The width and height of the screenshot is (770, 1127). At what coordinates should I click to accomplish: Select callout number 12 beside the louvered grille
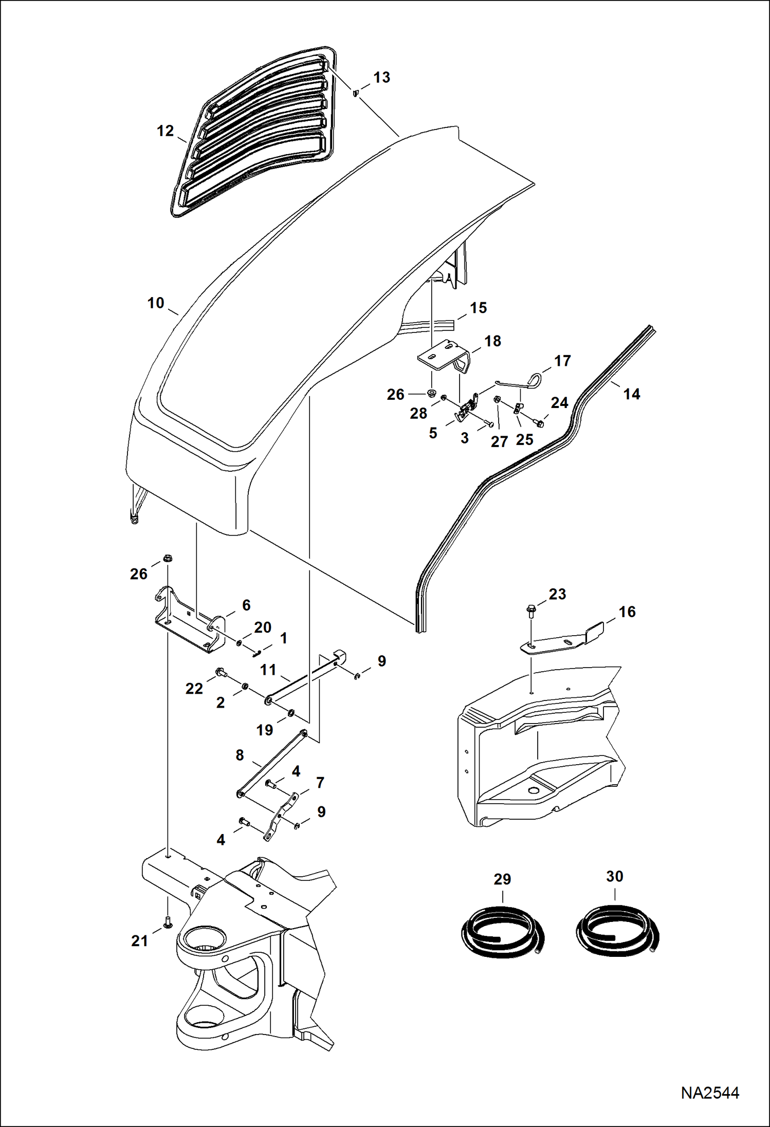click(x=165, y=131)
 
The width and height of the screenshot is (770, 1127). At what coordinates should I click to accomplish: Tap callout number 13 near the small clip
click(x=381, y=78)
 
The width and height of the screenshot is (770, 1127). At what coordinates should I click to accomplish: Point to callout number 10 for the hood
click(x=155, y=303)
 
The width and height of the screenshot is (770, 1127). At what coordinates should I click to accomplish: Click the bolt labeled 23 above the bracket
click(x=530, y=611)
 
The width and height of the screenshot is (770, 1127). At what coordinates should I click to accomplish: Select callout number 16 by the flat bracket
click(x=627, y=612)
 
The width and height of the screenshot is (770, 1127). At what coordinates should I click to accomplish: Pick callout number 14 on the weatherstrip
click(x=632, y=394)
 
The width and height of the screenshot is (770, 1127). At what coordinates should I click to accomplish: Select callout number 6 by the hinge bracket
click(x=246, y=605)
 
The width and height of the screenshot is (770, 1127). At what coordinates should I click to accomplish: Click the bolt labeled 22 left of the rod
click(x=221, y=671)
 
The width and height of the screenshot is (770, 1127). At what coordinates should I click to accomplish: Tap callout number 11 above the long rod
click(x=268, y=670)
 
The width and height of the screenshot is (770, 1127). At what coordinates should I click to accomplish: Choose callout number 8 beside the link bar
click(x=240, y=755)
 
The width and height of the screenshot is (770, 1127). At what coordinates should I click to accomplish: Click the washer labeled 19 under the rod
click(x=291, y=712)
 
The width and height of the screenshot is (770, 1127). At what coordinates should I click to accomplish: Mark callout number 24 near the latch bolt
click(x=559, y=402)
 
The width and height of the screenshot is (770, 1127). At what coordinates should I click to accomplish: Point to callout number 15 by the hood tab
click(x=478, y=308)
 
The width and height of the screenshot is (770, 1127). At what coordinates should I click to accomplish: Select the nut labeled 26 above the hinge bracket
click(x=167, y=559)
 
